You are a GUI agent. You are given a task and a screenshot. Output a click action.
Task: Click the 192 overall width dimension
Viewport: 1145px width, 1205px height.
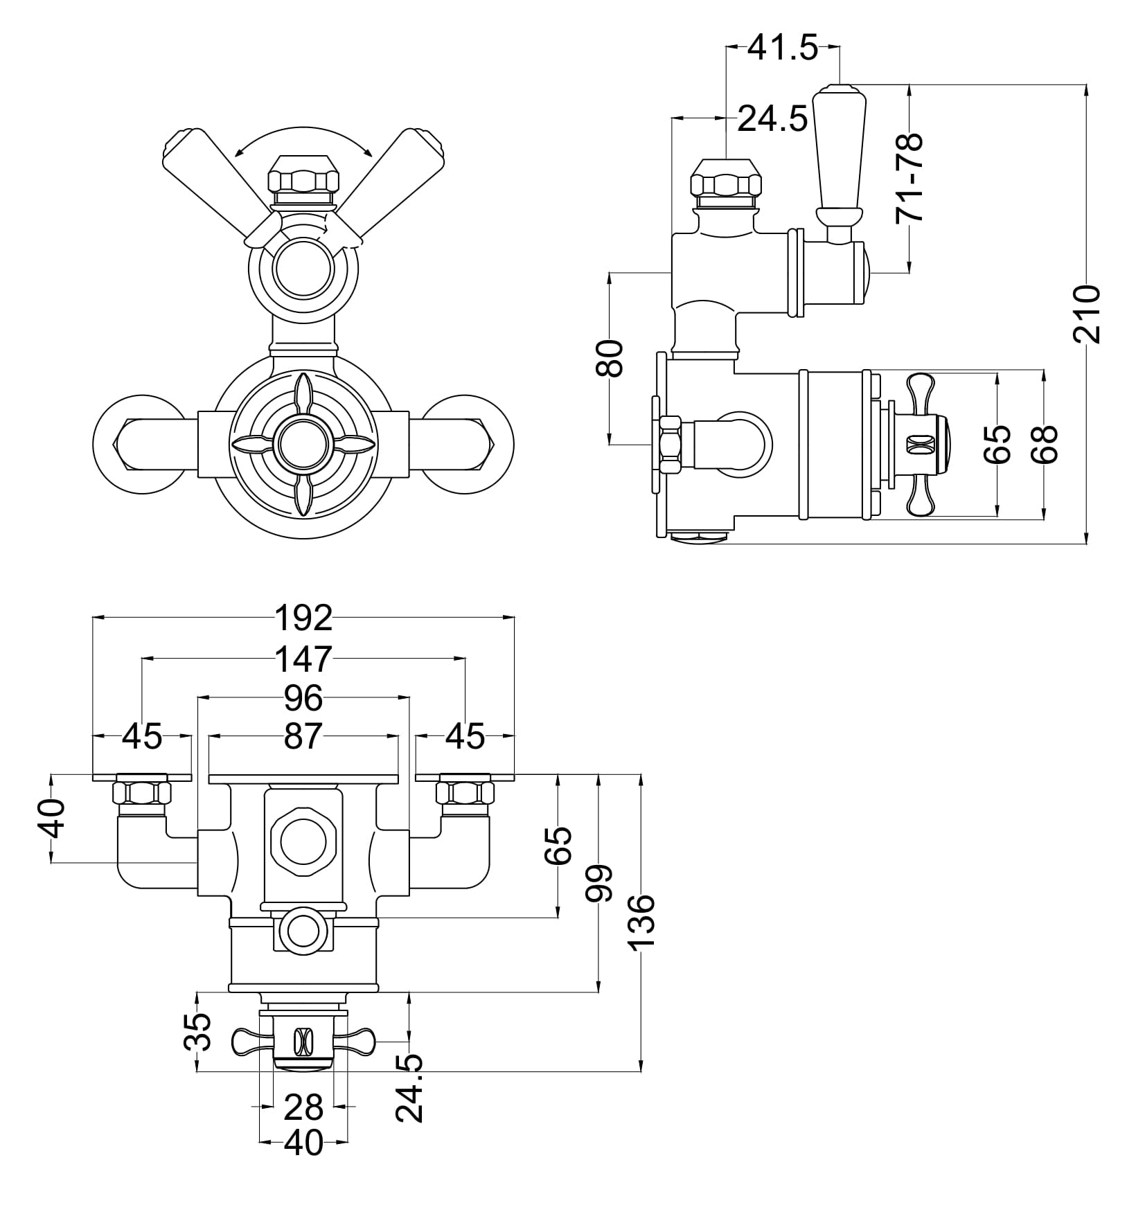[303, 618]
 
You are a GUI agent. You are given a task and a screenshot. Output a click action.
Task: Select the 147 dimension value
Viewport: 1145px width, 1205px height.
[303, 659]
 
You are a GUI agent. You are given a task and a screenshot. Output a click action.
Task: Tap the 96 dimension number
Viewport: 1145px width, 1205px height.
[303, 699]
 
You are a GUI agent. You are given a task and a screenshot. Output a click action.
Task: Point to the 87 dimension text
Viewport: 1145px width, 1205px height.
[303, 737]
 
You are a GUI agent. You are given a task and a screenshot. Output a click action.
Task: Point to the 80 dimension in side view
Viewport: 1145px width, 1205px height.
[610, 357]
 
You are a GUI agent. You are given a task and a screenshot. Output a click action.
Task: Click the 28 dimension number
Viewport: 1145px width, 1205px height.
[303, 1107]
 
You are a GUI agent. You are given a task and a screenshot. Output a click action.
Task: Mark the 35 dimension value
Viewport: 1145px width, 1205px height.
[198, 1031]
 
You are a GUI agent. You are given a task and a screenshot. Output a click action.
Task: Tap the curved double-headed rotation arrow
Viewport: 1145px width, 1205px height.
[303, 139]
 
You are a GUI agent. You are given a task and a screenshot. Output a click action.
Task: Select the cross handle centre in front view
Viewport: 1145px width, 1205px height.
[303, 444]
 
